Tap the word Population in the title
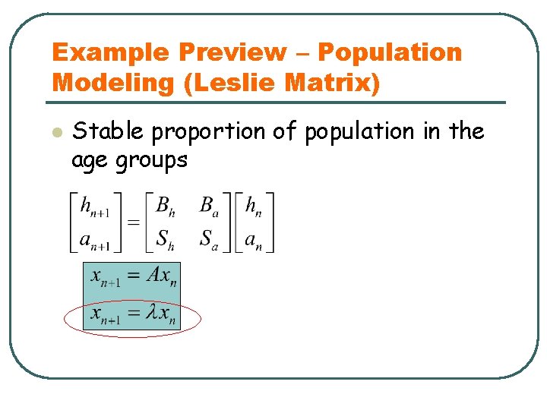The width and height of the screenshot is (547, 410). pos(390,53)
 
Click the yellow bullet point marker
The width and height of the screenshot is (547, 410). pos(55,132)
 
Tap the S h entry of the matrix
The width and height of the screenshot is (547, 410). pos(165,240)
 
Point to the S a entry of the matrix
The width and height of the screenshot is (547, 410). pos(209,240)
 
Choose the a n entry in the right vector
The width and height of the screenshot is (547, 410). pos(255,240)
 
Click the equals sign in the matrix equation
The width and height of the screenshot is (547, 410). pos(132,222)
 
